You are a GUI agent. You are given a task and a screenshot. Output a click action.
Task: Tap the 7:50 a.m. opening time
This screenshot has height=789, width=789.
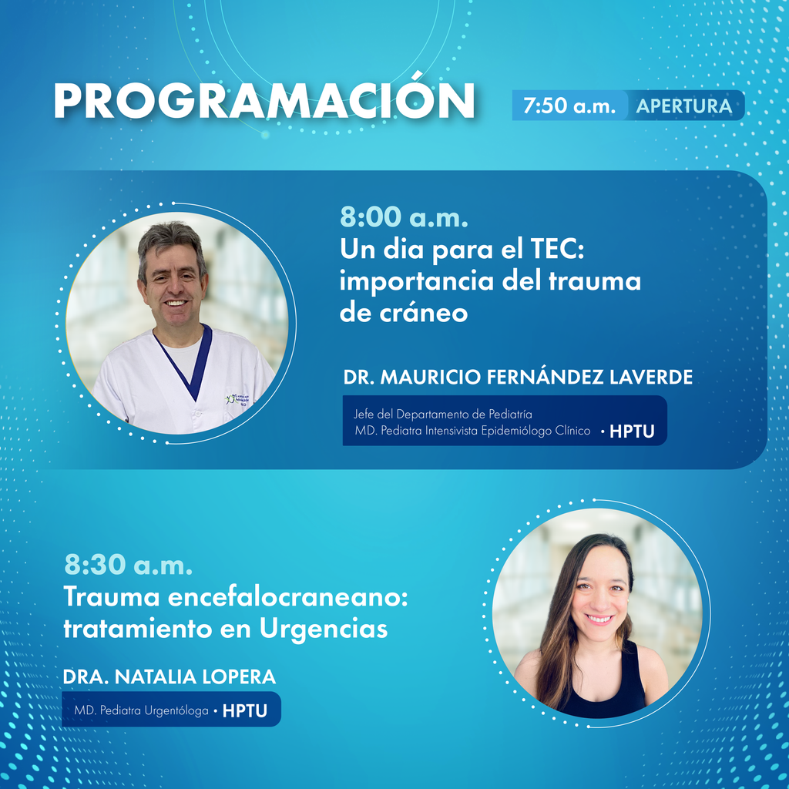569,106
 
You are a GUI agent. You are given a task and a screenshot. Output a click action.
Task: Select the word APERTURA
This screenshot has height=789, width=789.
684,106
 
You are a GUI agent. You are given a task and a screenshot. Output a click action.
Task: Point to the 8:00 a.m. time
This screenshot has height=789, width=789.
404,217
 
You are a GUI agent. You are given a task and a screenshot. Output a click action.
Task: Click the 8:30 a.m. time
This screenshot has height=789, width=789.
129,565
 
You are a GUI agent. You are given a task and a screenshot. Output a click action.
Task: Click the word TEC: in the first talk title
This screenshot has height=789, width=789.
557,249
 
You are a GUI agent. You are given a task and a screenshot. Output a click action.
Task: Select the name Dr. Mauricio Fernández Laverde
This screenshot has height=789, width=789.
518,377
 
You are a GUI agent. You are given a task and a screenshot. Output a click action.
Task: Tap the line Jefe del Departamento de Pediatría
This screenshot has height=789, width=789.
443,414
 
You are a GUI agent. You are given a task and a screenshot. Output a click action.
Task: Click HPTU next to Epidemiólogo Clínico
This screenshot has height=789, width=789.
632,431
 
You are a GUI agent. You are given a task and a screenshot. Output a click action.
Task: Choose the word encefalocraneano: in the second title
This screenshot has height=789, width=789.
287,597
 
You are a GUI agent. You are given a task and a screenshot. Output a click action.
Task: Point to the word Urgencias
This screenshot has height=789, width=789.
324,629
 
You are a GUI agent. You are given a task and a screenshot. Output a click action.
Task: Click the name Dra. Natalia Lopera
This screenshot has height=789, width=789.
169,677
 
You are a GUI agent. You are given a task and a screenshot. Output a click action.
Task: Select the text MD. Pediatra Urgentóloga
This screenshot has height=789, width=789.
142,710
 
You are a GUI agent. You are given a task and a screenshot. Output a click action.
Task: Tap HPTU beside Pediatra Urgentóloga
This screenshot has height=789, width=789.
244,710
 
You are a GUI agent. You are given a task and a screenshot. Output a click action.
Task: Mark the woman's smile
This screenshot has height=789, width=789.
599,619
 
